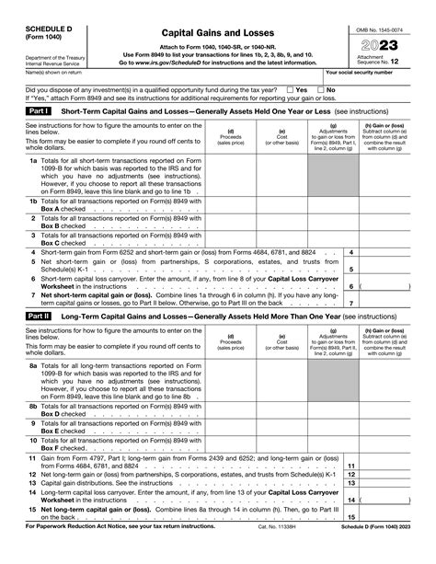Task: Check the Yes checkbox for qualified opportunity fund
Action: [x=288, y=90]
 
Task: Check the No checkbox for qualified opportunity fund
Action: [x=319, y=90]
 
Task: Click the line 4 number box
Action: [x=354, y=252]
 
